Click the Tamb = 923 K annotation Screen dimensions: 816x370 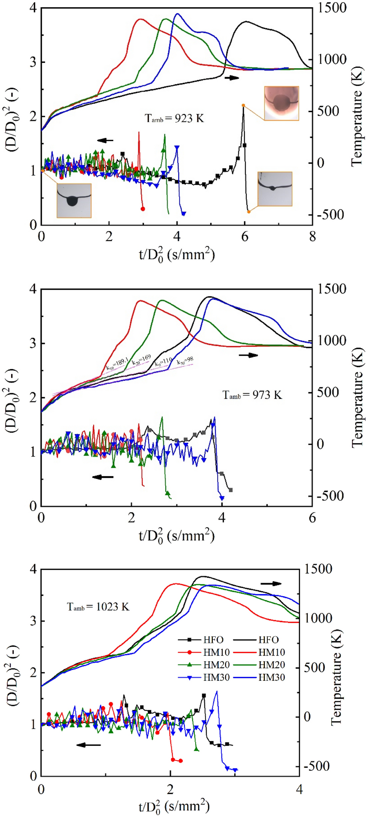174,118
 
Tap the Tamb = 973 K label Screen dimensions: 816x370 252,395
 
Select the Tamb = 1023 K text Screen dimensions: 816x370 98,607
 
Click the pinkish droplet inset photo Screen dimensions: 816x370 282,103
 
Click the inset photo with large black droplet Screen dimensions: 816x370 74,200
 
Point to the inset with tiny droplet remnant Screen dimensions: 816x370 275,189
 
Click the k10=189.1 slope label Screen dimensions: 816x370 117,364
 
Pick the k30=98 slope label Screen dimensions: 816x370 185,360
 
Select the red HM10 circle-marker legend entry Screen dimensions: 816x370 204,652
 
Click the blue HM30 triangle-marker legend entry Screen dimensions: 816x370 204,677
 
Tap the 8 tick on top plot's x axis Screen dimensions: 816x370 312,237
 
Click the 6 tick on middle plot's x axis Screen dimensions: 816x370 312,518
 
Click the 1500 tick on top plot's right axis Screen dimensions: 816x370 332,8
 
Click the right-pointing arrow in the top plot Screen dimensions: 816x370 232,78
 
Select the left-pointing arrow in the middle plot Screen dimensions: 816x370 103,477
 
